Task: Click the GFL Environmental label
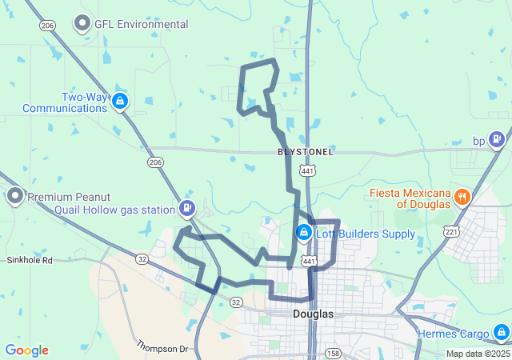tap(142, 24)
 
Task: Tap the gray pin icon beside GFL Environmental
tap(82, 24)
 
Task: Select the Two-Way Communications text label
tap(65, 102)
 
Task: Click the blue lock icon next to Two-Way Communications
tap(119, 101)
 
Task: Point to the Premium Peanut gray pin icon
tap(15, 196)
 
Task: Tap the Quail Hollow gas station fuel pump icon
tap(187, 209)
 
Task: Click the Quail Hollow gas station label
tap(114, 210)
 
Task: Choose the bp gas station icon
tap(497, 140)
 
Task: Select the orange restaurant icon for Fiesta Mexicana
tap(462, 197)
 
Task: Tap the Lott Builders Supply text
tap(366, 234)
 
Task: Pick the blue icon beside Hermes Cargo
tap(501, 331)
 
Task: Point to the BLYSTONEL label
tap(306, 151)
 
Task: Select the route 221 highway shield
tap(451, 232)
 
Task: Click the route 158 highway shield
tap(331, 353)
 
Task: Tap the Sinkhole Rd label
tap(30, 261)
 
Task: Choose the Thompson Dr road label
tap(162, 347)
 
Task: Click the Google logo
tap(26, 350)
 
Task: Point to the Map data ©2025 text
tap(477, 354)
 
